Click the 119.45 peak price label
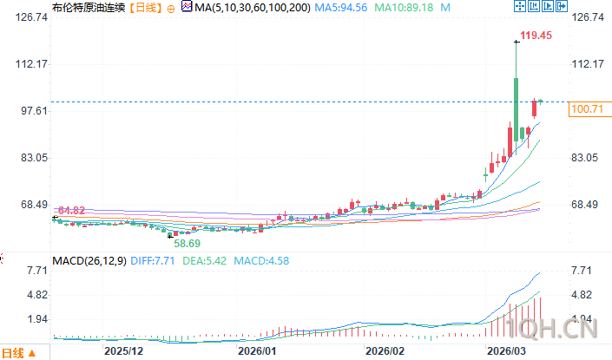[x=536, y=36]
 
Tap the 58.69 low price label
[x=188, y=244]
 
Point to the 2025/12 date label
[x=123, y=351]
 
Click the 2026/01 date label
[x=257, y=351]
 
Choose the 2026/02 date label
[x=385, y=351]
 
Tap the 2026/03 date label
[x=509, y=351]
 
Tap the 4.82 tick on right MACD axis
[x=581, y=295]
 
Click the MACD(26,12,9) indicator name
[x=89, y=260]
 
